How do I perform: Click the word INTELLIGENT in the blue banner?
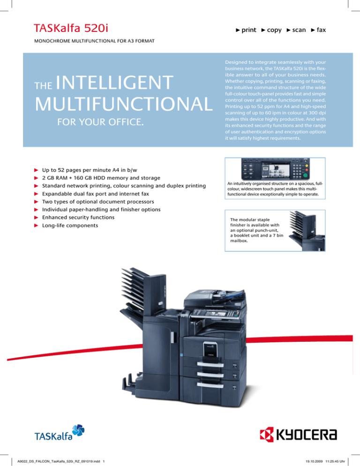coord(124,84)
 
